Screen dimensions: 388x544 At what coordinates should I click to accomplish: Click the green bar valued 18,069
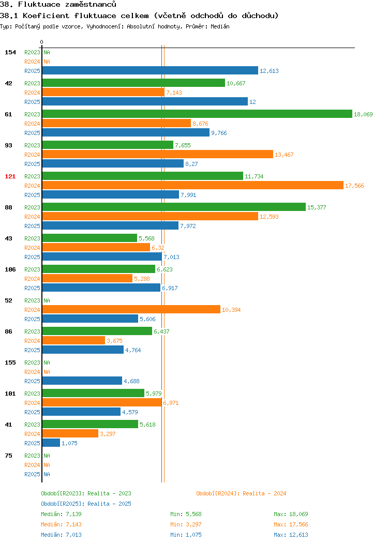(x=197, y=114)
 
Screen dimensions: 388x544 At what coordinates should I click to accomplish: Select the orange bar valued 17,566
(x=193, y=185)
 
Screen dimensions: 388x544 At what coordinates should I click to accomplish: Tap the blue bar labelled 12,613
(x=150, y=70)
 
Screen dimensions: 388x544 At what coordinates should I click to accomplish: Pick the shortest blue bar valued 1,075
(x=51, y=443)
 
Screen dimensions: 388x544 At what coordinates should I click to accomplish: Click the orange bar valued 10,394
(x=131, y=309)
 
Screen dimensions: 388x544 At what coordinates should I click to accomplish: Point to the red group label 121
(x=10, y=176)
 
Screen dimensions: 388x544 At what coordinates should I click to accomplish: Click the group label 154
(x=10, y=52)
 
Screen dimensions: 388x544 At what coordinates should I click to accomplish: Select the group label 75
(x=9, y=456)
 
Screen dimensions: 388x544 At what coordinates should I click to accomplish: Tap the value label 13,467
(x=284, y=155)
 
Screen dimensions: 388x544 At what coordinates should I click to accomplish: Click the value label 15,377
(x=317, y=207)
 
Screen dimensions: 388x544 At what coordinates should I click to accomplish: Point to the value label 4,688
(x=131, y=381)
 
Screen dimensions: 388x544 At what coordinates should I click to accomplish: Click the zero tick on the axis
(x=42, y=42)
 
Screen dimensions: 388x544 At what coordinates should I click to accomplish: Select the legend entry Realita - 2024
(x=241, y=493)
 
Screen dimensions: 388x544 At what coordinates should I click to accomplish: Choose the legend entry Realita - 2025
(x=86, y=504)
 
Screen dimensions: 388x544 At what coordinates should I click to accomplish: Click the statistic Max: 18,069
(x=291, y=514)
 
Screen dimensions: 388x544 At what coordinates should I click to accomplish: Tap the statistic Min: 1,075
(x=186, y=535)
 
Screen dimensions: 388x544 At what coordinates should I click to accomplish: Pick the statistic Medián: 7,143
(x=62, y=524)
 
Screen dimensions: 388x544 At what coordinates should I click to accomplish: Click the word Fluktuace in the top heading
(x=39, y=5)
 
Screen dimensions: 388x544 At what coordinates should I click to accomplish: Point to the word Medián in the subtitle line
(x=220, y=26)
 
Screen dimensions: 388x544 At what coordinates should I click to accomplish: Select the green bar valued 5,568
(x=89, y=238)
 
